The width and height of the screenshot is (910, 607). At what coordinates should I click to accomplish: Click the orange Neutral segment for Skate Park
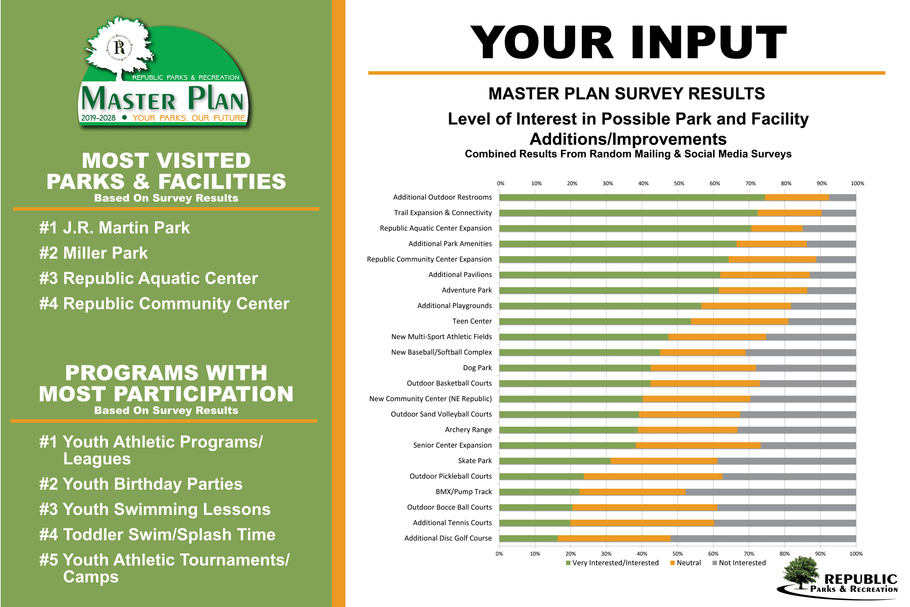pyautogui.click(x=664, y=461)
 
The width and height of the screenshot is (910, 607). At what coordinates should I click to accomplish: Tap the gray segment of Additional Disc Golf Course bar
pyautogui.click(x=763, y=538)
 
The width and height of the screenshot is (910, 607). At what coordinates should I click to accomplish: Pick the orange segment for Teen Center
pyautogui.click(x=740, y=321)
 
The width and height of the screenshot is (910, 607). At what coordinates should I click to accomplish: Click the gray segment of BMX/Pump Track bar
pyautogui.click(x=770, y=492)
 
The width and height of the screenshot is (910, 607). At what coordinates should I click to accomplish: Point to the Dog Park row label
pyautogui.click(x=477, y=368)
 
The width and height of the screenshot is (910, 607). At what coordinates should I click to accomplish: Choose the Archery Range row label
pyautogui.click(x=468, y=430)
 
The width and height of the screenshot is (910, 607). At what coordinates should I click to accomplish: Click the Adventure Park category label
pyautogui.click(x=467, y=290)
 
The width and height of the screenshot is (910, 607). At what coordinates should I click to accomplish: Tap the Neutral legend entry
pyautogui.click(x=685, y=563)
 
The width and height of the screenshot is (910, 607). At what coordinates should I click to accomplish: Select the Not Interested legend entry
pyautogui.click(x=739, y=563)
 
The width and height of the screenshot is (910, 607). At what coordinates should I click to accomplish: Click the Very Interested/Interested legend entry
pyautogui.click(x=612, y=563)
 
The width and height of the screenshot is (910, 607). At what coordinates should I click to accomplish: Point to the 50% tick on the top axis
pyautogui.click(x=679, y=184)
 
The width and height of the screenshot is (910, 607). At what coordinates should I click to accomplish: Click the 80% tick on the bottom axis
pyautogui.click(x=785, y=554)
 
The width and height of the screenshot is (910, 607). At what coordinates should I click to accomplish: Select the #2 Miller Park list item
pyautogui.click(x=93, y=253)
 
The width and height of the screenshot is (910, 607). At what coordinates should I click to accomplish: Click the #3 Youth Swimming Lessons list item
pyautogui.click(x=155, y=509)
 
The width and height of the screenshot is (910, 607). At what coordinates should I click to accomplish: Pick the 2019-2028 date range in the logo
pyautogui.click(x=98, y=118)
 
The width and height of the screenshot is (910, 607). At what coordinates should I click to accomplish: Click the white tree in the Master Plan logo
pyautogui.click(x=119, y=48)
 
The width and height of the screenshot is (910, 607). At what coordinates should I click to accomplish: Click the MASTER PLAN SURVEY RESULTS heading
pyautogui.click(x=626, y=94)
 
